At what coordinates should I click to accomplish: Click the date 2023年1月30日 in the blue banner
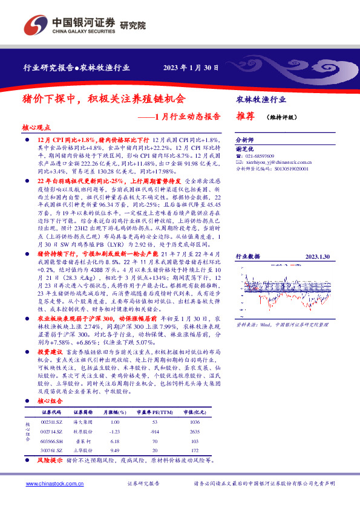pos(191,68)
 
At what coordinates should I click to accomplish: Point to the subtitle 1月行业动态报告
pos(188,115)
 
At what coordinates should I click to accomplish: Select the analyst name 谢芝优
pos(244,148)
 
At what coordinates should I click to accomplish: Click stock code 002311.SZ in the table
pos(52,405)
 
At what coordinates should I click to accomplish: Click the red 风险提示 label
pos(51,460)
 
